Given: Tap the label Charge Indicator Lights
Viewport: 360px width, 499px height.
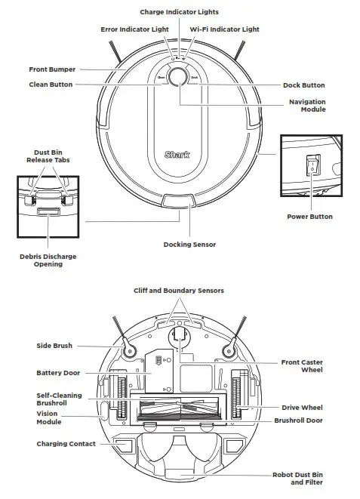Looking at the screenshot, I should click(179, 12).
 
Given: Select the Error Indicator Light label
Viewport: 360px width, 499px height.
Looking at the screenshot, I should click(134, 29).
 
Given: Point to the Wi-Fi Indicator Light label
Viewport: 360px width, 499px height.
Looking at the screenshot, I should click(223, 29).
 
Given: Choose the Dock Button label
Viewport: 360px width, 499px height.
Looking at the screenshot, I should click(303, 85).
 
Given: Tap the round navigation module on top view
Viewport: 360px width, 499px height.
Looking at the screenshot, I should click(179, 78).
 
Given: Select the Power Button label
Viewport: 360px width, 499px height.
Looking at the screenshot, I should click(309, 217).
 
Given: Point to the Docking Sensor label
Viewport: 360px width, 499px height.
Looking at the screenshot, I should click(189, 245).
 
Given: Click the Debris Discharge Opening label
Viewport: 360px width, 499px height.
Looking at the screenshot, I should click(48, 260).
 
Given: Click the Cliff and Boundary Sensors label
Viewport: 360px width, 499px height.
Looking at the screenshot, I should click(179, 290).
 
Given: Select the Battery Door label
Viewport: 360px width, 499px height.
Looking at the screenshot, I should click(58, 373).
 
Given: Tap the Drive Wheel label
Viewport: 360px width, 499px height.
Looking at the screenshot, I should click(302, 407).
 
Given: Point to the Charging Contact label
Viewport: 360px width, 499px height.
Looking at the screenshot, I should click(66, 444).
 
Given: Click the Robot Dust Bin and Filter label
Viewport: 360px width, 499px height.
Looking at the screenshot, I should click(298, 479).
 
